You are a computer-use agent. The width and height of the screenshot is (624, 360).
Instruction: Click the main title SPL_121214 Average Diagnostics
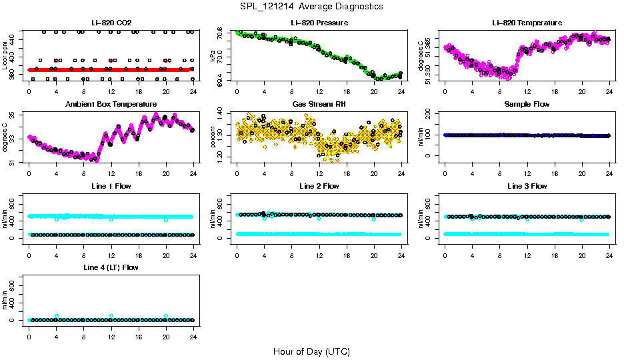coord(311,7)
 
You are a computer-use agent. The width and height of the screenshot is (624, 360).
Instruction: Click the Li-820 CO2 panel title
coord(111,23)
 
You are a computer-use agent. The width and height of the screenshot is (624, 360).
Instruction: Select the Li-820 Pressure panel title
coord(319,23)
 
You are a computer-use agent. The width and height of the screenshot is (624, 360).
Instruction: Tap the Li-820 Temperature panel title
coord(527,23)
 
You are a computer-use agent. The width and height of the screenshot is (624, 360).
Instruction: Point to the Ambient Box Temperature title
coord(111,105)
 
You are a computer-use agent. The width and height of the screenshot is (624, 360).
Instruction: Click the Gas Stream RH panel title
coord(319,105)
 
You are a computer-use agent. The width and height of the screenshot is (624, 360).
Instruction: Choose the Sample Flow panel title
coord(527,105)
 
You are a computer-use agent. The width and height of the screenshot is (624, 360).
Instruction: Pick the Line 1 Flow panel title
coord(111,186)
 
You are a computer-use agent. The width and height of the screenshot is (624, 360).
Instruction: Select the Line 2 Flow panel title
coord(319,186)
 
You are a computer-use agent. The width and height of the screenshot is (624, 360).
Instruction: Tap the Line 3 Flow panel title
coord(527,186)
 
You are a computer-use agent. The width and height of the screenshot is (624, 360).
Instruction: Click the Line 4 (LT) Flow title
coord(111,267)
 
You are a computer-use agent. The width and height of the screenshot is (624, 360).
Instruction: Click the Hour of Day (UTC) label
coord(311,351)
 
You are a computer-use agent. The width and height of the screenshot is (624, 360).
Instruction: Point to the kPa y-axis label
coord(213,56)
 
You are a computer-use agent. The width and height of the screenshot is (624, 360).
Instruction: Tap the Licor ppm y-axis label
coord(5,56)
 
